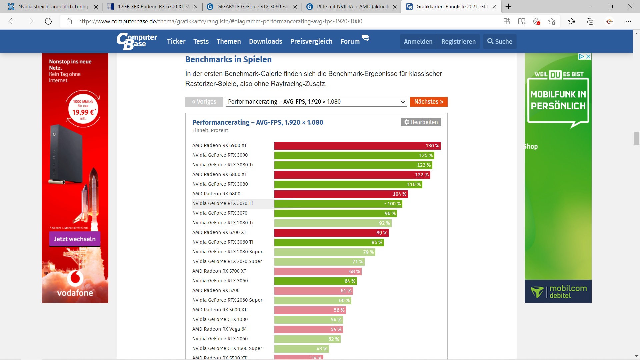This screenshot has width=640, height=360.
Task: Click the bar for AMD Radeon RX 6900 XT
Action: (357, 146)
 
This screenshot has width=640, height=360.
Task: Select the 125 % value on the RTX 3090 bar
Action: (426, 155)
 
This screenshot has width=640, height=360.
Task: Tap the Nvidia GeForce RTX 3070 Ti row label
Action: (222, 203)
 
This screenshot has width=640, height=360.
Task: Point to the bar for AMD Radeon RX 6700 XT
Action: (331, 233)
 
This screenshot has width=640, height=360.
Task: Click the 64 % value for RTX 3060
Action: (350, 281)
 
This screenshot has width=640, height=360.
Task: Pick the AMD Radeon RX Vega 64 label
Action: (219, 329)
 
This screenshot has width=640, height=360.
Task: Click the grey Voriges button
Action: (204, 102)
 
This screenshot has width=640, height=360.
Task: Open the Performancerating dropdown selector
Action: (316, 102)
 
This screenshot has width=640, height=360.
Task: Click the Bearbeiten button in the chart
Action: (421, 122)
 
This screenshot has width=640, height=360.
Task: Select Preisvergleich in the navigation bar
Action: (311, 41)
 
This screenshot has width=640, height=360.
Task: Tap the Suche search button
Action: (500, 41)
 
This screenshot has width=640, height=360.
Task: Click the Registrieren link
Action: (458, 41)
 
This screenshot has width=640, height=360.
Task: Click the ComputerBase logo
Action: (137, 41)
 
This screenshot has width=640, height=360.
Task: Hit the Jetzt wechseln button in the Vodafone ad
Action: (75, 239)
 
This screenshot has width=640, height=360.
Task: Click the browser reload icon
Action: (48, 21)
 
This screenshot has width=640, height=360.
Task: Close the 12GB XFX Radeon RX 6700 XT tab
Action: (196, 7)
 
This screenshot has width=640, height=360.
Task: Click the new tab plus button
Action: (508, 7)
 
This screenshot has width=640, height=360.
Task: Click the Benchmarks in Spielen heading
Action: (228, 59)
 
